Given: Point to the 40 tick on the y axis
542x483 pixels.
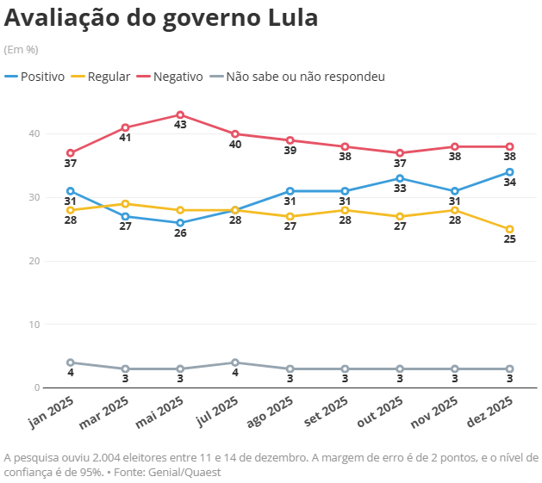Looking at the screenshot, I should click(x=34, y=134).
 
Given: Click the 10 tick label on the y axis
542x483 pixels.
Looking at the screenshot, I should click(x=34, y=325).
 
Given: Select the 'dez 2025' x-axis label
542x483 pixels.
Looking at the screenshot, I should click(x=489, y=412).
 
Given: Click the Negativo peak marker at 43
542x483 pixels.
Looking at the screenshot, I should click(x=180, y=115).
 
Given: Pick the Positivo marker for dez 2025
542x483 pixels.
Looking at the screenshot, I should click(x=509, y=172).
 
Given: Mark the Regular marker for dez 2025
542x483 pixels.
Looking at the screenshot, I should click(x=509, y=229).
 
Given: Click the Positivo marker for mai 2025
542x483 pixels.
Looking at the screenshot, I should click(x=180, y=223).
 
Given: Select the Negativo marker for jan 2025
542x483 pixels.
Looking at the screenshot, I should click(x=70, y=153).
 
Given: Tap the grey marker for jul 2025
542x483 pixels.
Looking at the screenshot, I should click(x=235, y=362).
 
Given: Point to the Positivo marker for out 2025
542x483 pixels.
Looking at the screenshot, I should click(x=400, y=178).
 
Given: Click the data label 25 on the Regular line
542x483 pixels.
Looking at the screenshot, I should click(x=509, y=240).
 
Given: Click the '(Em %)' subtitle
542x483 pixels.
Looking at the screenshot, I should click(x=22, y=50).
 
